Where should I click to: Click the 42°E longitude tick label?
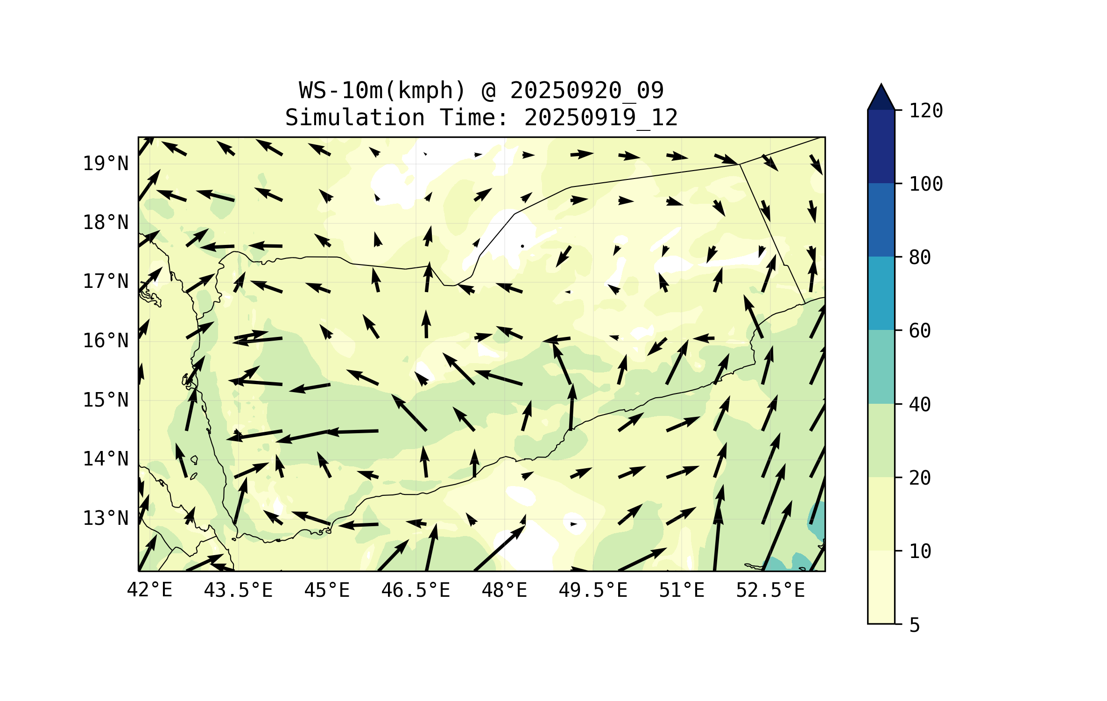click(x=149, y=590)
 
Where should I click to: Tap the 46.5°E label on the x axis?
click(x=416, y=590)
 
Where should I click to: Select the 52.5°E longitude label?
click(x=770, y=590)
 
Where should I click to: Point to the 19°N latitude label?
click(x=106, y=164)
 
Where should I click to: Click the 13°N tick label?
click(x=106, y=518)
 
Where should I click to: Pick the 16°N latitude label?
click(x=106, y=341)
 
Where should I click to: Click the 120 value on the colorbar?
click(x=926, y=111)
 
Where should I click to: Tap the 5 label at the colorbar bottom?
click(x=915, y=625)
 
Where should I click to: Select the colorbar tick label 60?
click(x=920, y=331)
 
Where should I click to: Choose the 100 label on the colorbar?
click(x=926, y=184)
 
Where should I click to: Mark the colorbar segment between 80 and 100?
click(x=881, y=220)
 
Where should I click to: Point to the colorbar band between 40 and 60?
click(x=881, y=367)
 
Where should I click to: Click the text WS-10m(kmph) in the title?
click(x=382, y=90)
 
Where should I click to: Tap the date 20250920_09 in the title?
click(x=586, y=90)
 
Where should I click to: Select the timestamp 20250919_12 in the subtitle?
click(x=601, y=117)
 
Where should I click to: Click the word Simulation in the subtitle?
click(x=355, y=117)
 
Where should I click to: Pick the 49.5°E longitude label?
click(x=593, y=590)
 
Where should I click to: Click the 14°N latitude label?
click(x=106, y=459)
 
